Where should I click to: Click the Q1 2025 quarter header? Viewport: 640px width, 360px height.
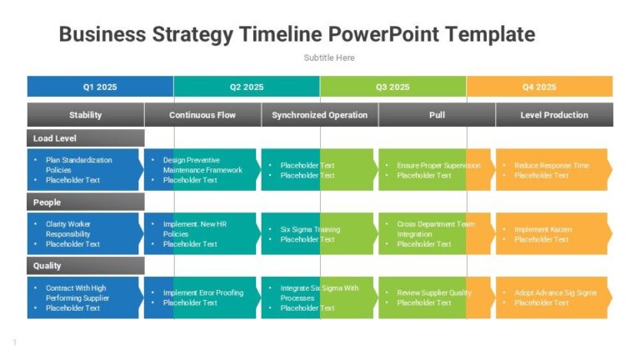pos(100,87)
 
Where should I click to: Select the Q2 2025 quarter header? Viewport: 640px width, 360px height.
pos(247,87)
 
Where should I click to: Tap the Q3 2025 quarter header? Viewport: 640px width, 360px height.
pos(392,87)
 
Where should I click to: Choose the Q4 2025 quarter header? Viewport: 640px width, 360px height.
pos(539,87)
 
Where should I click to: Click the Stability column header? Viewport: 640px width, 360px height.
pos(86,115)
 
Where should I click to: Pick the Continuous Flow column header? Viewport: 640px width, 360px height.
pos(202,115)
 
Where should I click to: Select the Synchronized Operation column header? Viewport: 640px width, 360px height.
pos(320,115)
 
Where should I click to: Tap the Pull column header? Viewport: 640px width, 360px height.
pos(437,115)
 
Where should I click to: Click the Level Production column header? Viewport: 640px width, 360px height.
pos(554,115)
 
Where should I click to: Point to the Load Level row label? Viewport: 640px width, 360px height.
pos(55,138)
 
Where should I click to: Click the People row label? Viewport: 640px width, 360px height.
pos(47,202)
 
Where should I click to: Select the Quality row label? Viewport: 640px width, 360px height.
pos(47,266)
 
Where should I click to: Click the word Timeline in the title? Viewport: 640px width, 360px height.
pos(280,34)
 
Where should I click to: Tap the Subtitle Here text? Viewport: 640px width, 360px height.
pos(329,57)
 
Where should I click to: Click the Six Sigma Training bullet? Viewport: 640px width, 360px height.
pos(309,229)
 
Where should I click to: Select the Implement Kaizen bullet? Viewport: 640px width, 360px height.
pos(542,229)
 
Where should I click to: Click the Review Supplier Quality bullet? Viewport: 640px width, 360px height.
pos(433,292)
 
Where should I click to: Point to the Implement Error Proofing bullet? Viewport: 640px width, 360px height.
pos(203,292)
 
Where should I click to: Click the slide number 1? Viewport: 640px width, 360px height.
pos(15,342)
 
